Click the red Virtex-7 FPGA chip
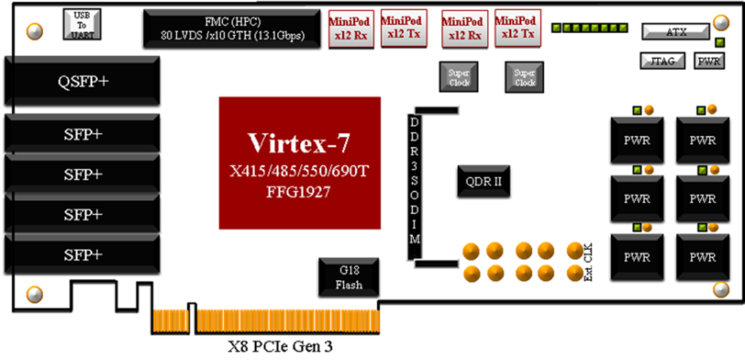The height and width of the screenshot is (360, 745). (x=299, y=161)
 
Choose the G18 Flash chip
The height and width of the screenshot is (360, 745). (x=348, y=277)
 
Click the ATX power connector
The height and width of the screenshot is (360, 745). (x=676, y=32)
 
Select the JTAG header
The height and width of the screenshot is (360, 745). (x=662, y=61)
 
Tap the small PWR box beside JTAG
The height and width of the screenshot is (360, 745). (x=710, y=61)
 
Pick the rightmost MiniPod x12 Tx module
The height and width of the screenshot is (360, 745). (x=515, y=28)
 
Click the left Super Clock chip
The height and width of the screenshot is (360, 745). (x=459, y=77)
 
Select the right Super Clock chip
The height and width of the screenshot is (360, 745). (x=525, y=77)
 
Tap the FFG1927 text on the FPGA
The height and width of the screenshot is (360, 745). (x=299, y=192)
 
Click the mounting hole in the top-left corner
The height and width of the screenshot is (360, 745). (x=34, y=31)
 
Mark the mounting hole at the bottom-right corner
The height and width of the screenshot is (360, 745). (x=721, y=289)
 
